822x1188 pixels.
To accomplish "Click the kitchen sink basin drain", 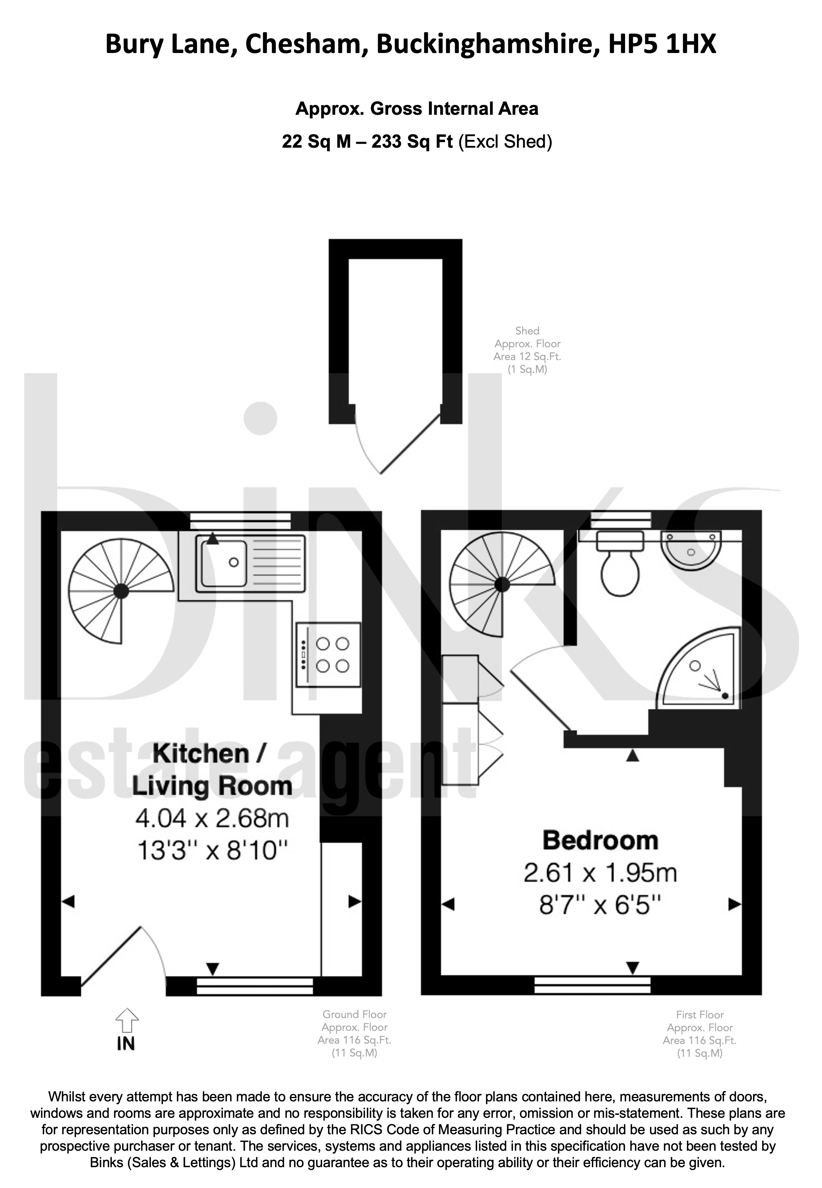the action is pyautogui.click(x=234, y=562).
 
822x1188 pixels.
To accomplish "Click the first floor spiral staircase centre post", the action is pyautogui.click(x=502, y=584).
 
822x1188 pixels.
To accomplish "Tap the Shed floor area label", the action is pyautogui.click(x=528, y=350).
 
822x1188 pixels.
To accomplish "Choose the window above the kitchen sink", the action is pyautogui.click(x=240, y=521).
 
